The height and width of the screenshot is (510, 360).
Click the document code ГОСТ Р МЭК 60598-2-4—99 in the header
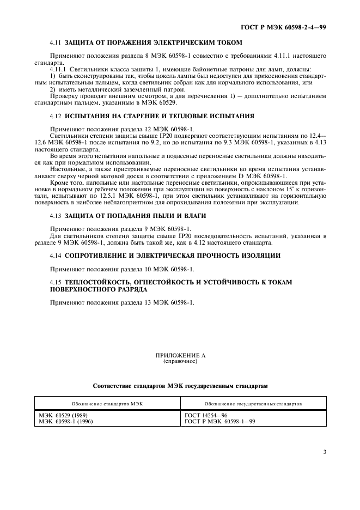288,27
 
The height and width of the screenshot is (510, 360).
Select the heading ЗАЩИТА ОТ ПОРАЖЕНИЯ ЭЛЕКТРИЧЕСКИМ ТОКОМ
153,42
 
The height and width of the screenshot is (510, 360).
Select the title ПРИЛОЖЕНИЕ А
180,355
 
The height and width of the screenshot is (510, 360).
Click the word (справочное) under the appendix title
180,361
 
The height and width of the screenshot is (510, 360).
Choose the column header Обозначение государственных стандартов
254,404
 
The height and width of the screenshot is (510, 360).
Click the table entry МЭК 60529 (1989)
61,415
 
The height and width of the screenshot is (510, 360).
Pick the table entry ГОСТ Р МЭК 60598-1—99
220,421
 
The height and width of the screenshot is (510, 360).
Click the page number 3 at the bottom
325,452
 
